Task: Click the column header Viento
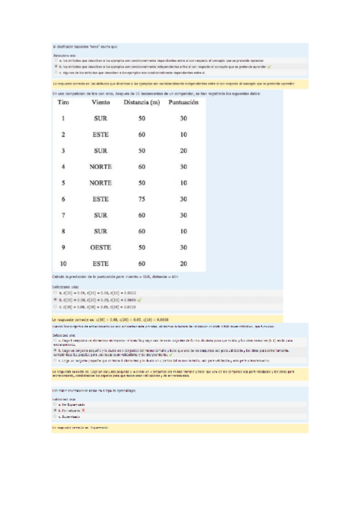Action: click(x=101, y=102)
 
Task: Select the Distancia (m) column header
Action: click(x=142, y=102)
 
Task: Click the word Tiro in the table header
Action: click(x=64, y=102)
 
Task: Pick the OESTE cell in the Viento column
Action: click(x=100, y=247)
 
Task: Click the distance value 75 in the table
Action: click(x=142, y=198)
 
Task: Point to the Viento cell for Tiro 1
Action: click(x=100, y=118)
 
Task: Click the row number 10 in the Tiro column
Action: click(x=64, y=263)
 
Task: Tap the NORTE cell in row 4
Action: click(x=100, y=167)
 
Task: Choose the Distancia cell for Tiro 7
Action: click(x=142, y=215)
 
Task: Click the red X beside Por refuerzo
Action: click(x=85, y=410)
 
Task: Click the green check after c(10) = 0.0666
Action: click(x=139, y=299)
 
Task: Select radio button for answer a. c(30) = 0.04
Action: click(x=55, y=293)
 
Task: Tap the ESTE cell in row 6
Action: click(x=100, y=198)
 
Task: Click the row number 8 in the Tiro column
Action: click(x=63, y=231)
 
